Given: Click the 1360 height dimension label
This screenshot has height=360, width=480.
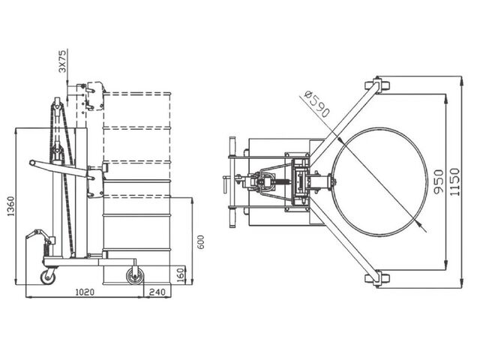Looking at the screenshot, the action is pyautogui.click(x=10, y=206).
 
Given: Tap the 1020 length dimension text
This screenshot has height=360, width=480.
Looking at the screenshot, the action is pyautogui.click(x=85, y=292).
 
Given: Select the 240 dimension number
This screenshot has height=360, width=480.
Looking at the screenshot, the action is pyautogui.click(x=157, y=292).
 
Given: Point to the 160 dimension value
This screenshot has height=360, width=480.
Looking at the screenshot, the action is pyautogui.click(x=181, y=274).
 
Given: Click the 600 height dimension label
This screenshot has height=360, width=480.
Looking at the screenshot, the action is pyautogui.click(x=200, y=241).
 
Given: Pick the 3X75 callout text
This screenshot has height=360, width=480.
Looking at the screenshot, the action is pyautogui.click(x=62, y=61).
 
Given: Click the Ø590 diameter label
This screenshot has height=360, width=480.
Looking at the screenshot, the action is pyautogui.click(x=317, y=103).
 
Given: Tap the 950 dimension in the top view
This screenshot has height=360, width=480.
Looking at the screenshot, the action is pyautogui.click(x=439, y=181).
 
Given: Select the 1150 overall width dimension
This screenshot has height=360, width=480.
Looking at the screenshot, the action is pyautogui.click(x=455, y=181).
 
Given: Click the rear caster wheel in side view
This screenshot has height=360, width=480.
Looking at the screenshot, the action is pyautogui.click(x=48, y=277).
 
